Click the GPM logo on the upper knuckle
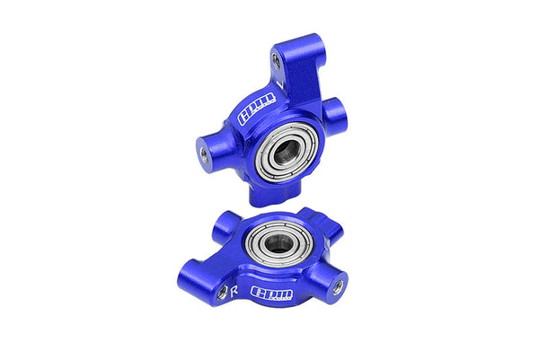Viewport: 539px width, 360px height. [x=246, y=115]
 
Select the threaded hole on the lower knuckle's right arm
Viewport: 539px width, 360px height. [x=337, y=288]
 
